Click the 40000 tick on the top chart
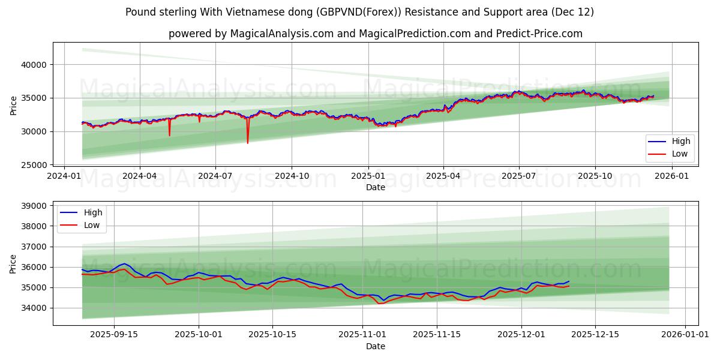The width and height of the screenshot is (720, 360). (35, 65)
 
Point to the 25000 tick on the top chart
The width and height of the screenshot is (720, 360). (35, 165)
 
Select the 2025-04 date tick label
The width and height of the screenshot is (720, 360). (443, 176)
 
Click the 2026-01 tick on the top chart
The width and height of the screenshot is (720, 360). (671, 176)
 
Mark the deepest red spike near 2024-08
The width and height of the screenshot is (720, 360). (247, 143)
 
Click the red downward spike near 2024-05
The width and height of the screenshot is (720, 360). (169, 135)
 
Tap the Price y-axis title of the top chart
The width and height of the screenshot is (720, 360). (14, 104)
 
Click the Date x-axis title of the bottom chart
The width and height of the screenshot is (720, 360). (376, 346)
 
